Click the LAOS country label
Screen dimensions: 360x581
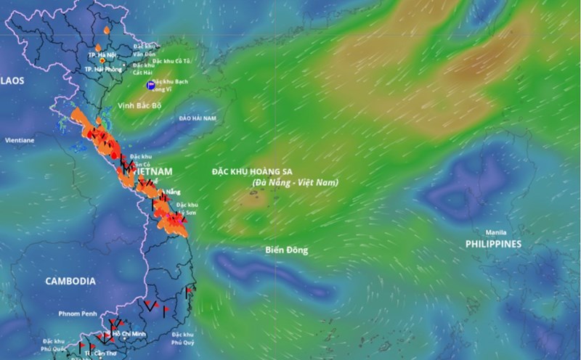tap(12, 81)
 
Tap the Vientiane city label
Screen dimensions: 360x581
tap(20, 140)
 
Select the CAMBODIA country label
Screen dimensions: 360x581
tap(70, 281)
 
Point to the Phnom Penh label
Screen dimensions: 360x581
tap(78, 314)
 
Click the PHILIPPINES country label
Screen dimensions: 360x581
tap(493, 245)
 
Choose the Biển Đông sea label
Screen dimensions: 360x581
tap(286, 250)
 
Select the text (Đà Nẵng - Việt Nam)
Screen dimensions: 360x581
tap(296, 182)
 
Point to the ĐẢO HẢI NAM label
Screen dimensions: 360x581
tap(198, 118)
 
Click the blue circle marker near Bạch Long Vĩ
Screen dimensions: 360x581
tap(150, 86)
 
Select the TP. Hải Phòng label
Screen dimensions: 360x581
tap(102, 69)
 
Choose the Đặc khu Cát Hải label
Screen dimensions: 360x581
tap(142, 68)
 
